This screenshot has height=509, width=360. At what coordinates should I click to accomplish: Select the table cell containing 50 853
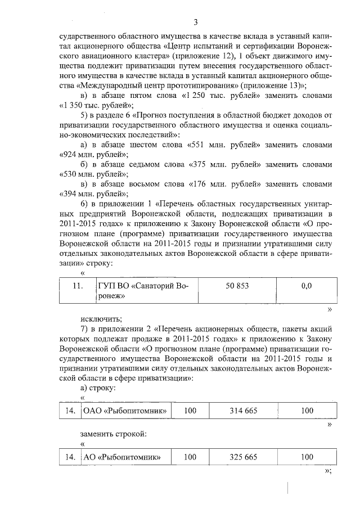click(x=237, y=286)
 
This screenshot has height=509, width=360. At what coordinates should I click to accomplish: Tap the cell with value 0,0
click(x=307, y=286)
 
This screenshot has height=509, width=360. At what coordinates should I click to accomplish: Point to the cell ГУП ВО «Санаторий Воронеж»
click(x=143, y=291)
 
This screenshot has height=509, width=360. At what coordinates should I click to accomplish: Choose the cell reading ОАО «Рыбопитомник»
click(x=126, y=411)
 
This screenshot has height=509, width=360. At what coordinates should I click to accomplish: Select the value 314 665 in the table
click(x=244, y=411)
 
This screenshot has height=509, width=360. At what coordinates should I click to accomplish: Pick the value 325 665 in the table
click(x=244, y=457)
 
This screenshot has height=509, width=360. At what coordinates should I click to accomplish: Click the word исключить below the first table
click(x=97, y=319)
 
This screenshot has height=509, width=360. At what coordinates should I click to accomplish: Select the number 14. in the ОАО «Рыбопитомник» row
click(x=70, y=411)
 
